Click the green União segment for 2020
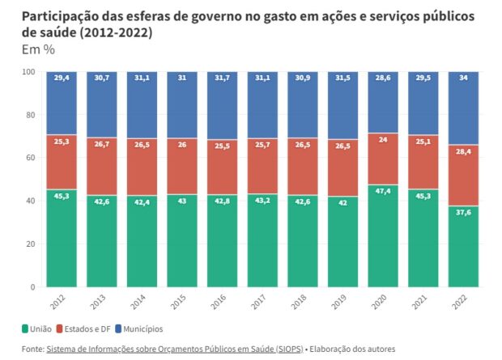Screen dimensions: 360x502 [x=383, y=243]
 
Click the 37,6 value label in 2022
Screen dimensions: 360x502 [x=463, y=213]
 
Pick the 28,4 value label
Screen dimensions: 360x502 [x=463, y=151]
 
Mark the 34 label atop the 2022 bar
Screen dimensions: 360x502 [x=463, y=78]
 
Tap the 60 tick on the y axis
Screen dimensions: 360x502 [x=30, y=158]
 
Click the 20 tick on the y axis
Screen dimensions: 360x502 [x=30, y=244]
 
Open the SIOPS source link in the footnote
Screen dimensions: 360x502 [x=174, y=349]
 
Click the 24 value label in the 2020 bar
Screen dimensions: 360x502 [x=383, y=138]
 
